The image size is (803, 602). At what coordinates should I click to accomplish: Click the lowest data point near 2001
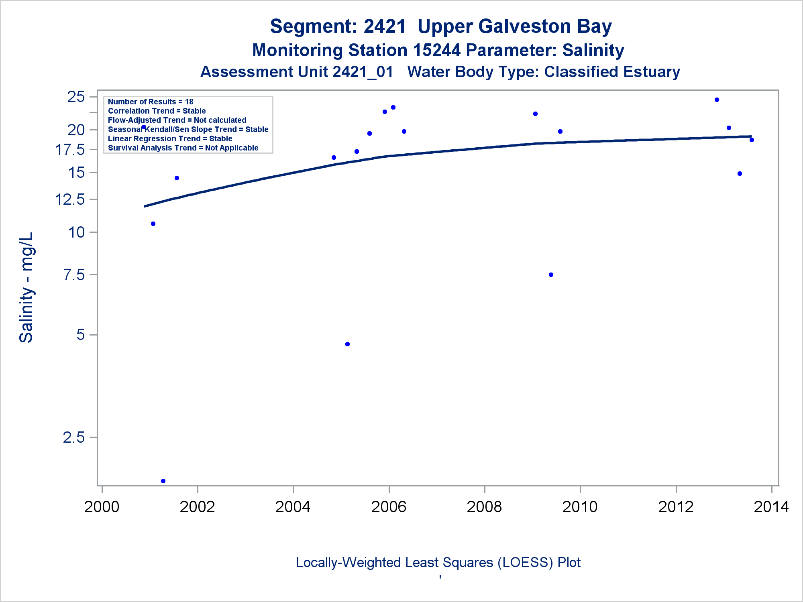[x=163, y=481]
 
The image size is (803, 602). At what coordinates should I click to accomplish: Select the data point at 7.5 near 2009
[x=551, y=275]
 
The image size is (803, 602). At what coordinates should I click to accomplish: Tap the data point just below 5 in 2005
[x=347, y=344]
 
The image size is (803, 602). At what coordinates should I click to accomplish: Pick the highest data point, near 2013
[x=717, y=100]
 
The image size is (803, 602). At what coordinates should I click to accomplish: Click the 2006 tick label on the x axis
[x=389, y=507]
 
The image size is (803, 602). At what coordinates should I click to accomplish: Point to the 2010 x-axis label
[x=580, y=507]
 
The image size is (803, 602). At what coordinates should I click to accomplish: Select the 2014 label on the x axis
[x=771, y=507]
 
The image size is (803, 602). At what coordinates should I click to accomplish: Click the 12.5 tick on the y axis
[x=70, y=199]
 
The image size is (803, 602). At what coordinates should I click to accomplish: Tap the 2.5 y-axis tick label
[x=74, y=437]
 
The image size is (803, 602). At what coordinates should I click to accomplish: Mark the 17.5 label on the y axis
[x=70, y=150]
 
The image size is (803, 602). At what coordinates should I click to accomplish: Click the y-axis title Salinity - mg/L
[x=26, y=287]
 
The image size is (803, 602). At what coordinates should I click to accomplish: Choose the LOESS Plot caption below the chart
[x=438, y=562]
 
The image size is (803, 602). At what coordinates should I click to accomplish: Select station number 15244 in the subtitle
[x=436, y=50]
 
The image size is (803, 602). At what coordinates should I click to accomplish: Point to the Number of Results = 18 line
[x=151, y=102]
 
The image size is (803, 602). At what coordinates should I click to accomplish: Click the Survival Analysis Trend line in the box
[x=183, y=148]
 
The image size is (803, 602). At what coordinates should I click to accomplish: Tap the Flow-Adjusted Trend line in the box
[x=177, y=120]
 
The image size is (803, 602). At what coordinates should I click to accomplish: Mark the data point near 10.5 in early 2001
[x=153, y=224]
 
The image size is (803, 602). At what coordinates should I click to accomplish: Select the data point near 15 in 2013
[x=740, y=174]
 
